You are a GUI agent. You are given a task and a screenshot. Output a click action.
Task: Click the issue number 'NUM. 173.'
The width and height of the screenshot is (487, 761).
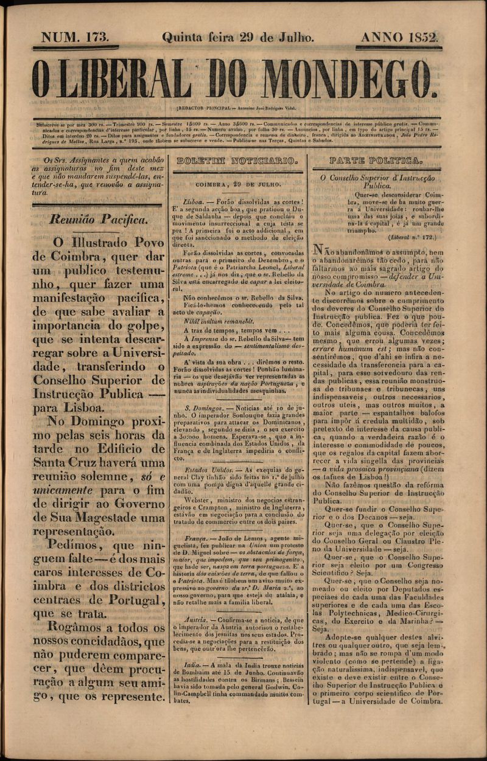tap(75, 37)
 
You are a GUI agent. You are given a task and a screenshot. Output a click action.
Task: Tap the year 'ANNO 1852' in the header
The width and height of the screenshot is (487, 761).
tap(400, 37)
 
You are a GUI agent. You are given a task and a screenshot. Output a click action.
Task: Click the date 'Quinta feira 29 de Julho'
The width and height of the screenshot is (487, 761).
tap(238, 37)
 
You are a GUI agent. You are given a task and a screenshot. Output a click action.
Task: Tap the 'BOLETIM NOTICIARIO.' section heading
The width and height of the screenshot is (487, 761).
tap(236, 161)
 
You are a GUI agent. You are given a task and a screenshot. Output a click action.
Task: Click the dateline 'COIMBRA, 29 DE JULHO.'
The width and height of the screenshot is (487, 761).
tap(238, 183)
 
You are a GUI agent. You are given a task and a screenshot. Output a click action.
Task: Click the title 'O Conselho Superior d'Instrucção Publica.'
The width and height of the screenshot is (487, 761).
tap(377, 182)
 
